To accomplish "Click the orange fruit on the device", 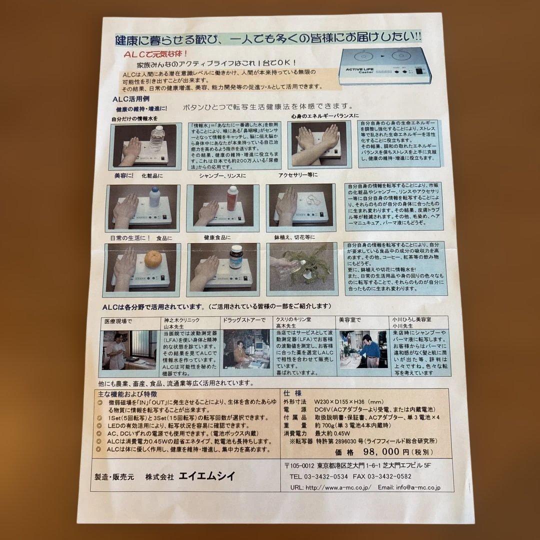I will [x=152, y=259].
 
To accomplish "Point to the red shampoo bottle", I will [x=232, y=198].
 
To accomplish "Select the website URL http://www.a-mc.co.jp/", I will [x=337, y=487].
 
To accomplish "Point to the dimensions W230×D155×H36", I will [x=348, y=401].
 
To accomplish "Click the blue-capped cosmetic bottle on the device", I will [x=154, y=198].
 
